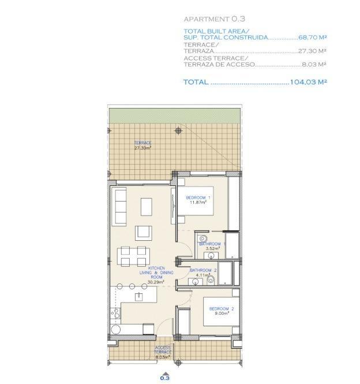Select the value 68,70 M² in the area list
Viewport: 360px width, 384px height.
coord(313,37)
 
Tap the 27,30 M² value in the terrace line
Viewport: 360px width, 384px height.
coord(313,51)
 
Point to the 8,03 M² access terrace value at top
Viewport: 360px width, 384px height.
coord(314,65)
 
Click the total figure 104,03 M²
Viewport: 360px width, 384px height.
coord(309,82)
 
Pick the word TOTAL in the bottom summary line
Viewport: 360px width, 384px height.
coord(196,82)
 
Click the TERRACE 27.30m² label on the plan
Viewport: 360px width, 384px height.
coord(142,145)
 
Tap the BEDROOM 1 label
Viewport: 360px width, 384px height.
coord(198,200)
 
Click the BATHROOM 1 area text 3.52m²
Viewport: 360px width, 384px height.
coord(209,249)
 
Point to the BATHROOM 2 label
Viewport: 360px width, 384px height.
coord(203,270)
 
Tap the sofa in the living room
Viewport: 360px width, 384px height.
coord(120,206)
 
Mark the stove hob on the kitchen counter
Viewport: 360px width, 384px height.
coord(115,315)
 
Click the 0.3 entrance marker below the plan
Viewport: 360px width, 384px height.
coord(165,378)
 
